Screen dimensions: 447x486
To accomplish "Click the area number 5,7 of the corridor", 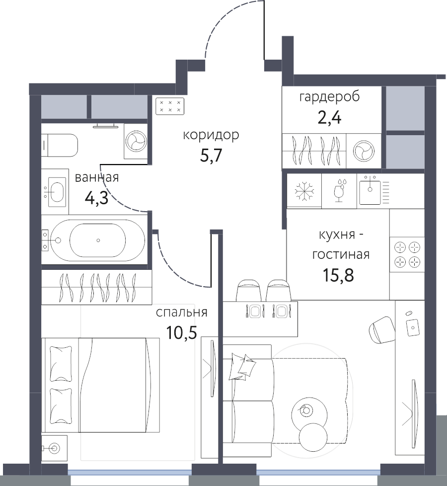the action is [211, 156].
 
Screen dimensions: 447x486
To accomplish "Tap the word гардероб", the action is [329, 97].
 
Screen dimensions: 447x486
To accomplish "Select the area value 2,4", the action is [329, 118].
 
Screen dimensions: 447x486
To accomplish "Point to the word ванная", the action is [97, 177].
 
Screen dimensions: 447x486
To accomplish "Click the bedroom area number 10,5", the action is [181, 333].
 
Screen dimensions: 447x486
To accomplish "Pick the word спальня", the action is [181, 313].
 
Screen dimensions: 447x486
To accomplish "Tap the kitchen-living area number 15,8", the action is [338, 275].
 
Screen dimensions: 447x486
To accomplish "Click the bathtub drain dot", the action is [98, 240].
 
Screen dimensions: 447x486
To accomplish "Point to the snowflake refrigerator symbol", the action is [304, 191].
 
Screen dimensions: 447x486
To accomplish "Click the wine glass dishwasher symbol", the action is [339, 190].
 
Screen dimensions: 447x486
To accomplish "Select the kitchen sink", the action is [370, 190].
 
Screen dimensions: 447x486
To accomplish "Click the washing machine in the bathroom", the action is [136, 141].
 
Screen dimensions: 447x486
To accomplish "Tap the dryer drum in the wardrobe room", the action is [364, 151].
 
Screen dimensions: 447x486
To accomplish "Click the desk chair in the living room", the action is [381, 330].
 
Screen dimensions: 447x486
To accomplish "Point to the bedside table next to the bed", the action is [55, 448].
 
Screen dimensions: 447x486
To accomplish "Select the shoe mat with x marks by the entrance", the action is [170, 106].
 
